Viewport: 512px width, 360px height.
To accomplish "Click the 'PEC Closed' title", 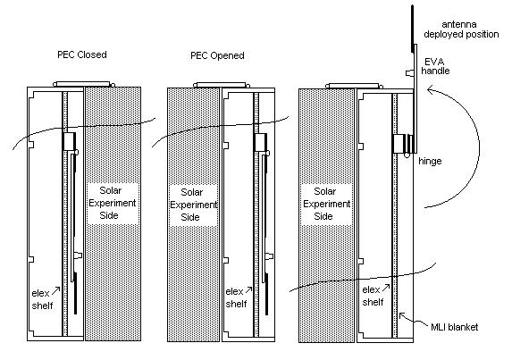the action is coord(82,54).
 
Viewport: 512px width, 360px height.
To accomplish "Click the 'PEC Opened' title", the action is coord(217,55).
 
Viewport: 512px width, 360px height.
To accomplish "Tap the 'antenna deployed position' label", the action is coord(461,29).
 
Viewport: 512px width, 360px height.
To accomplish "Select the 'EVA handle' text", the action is coord(435,66).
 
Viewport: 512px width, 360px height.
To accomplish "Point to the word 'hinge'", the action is coord(430,161).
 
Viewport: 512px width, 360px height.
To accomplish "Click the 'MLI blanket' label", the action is coord(454,327).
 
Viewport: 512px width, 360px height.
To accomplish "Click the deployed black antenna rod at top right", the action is coord(413,29).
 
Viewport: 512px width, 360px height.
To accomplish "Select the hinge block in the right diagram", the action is coord(404,144).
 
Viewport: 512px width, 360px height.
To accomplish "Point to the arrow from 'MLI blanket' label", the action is coord(413,319).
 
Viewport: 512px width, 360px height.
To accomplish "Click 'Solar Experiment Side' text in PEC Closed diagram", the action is coord(112,203).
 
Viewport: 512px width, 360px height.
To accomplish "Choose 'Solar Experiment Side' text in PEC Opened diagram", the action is coord(193,205).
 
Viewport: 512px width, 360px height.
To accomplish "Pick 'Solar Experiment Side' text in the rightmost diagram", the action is coord(326,204).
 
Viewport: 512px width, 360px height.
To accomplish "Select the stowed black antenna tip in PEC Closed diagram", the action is coord(75,293).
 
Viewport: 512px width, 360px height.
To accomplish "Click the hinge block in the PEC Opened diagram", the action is coord(260,142).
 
